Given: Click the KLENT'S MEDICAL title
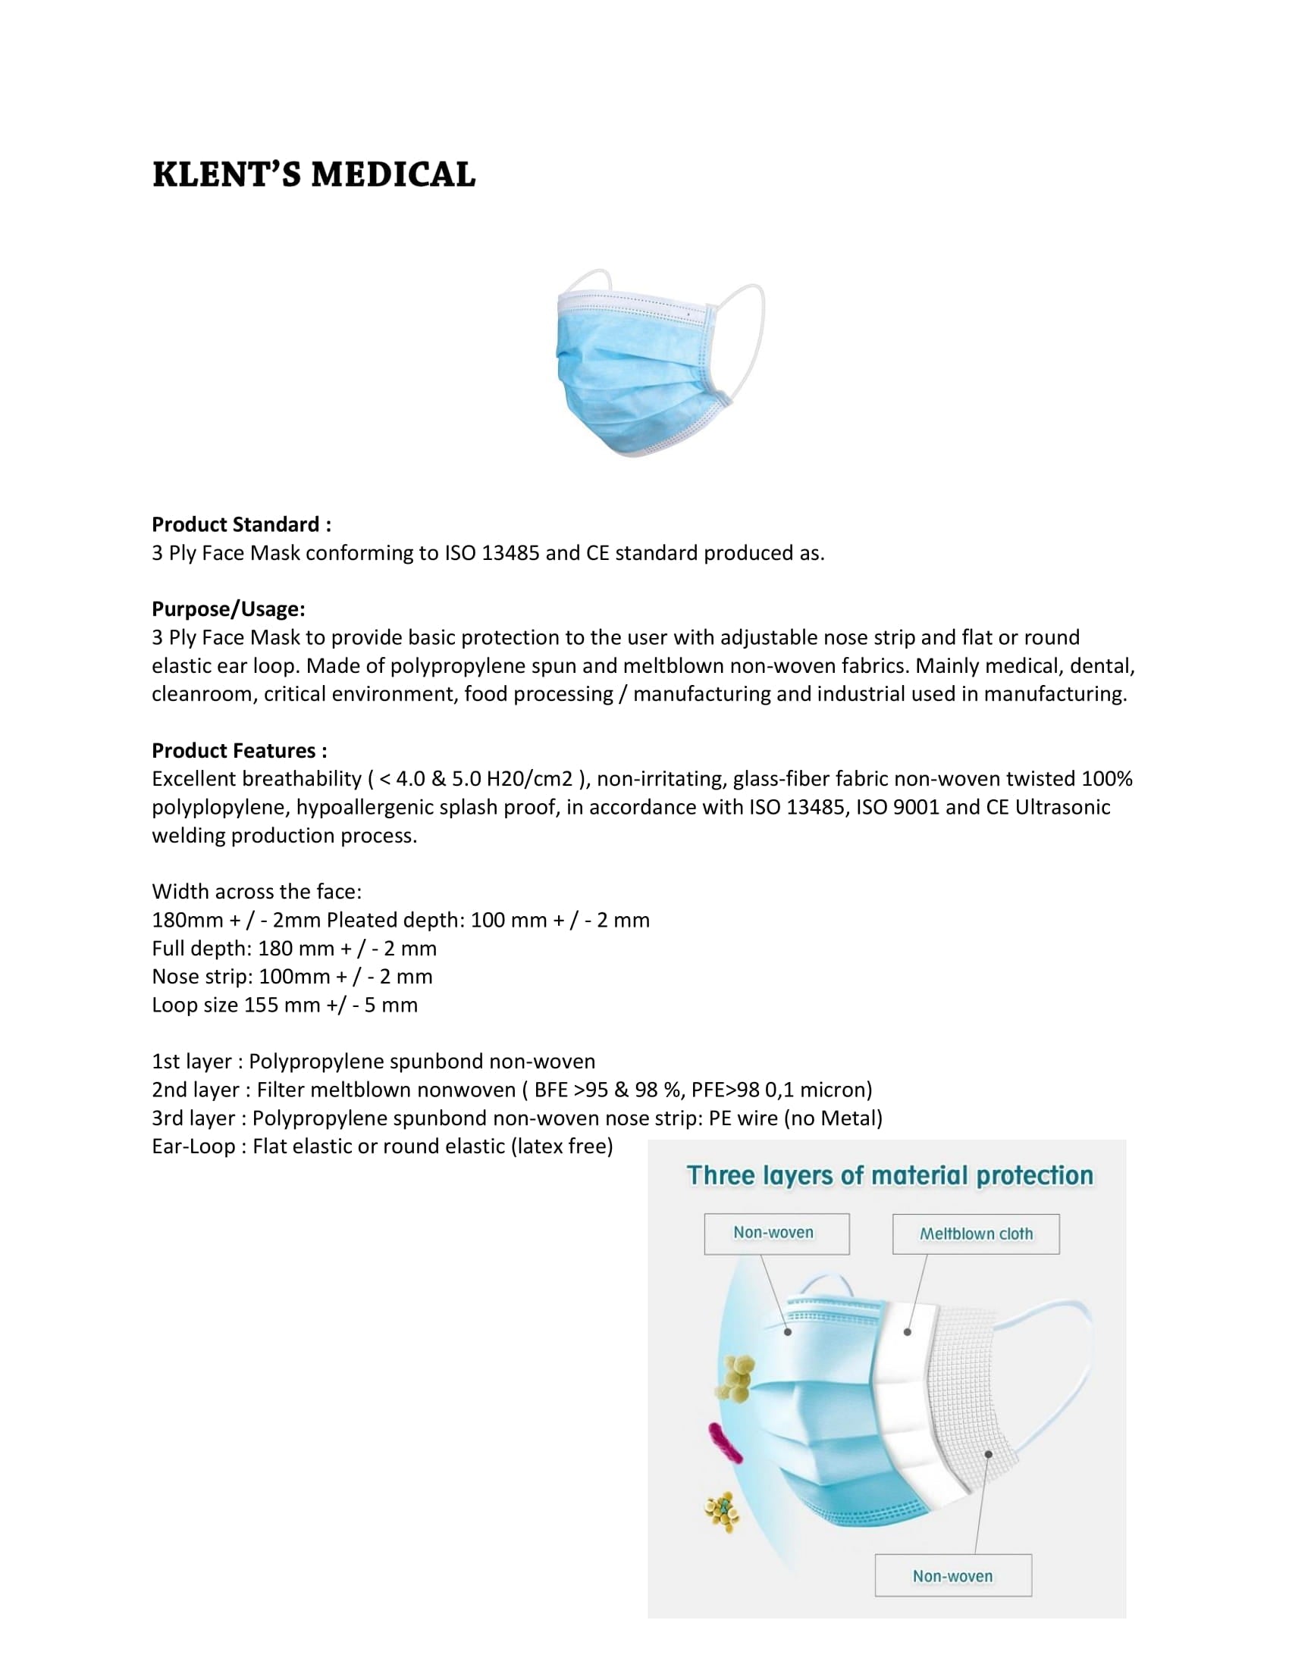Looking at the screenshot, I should (314, 174).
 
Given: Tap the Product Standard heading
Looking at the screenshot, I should (241, 524).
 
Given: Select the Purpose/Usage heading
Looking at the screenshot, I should (228, 609).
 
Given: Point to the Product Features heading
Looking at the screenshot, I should (239, 750).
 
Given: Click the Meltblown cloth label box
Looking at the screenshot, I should (975, 1234).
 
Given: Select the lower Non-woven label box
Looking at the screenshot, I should (952, 1575).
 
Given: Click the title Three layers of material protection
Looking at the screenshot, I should (889, 1175).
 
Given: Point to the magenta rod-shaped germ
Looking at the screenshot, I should (725, 1442).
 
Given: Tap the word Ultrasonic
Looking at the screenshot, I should (1062, 807).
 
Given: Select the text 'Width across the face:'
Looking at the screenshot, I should (256, 892).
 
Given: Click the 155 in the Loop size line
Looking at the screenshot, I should (261, 1005).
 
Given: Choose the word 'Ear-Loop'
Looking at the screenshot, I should (193, 1146).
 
